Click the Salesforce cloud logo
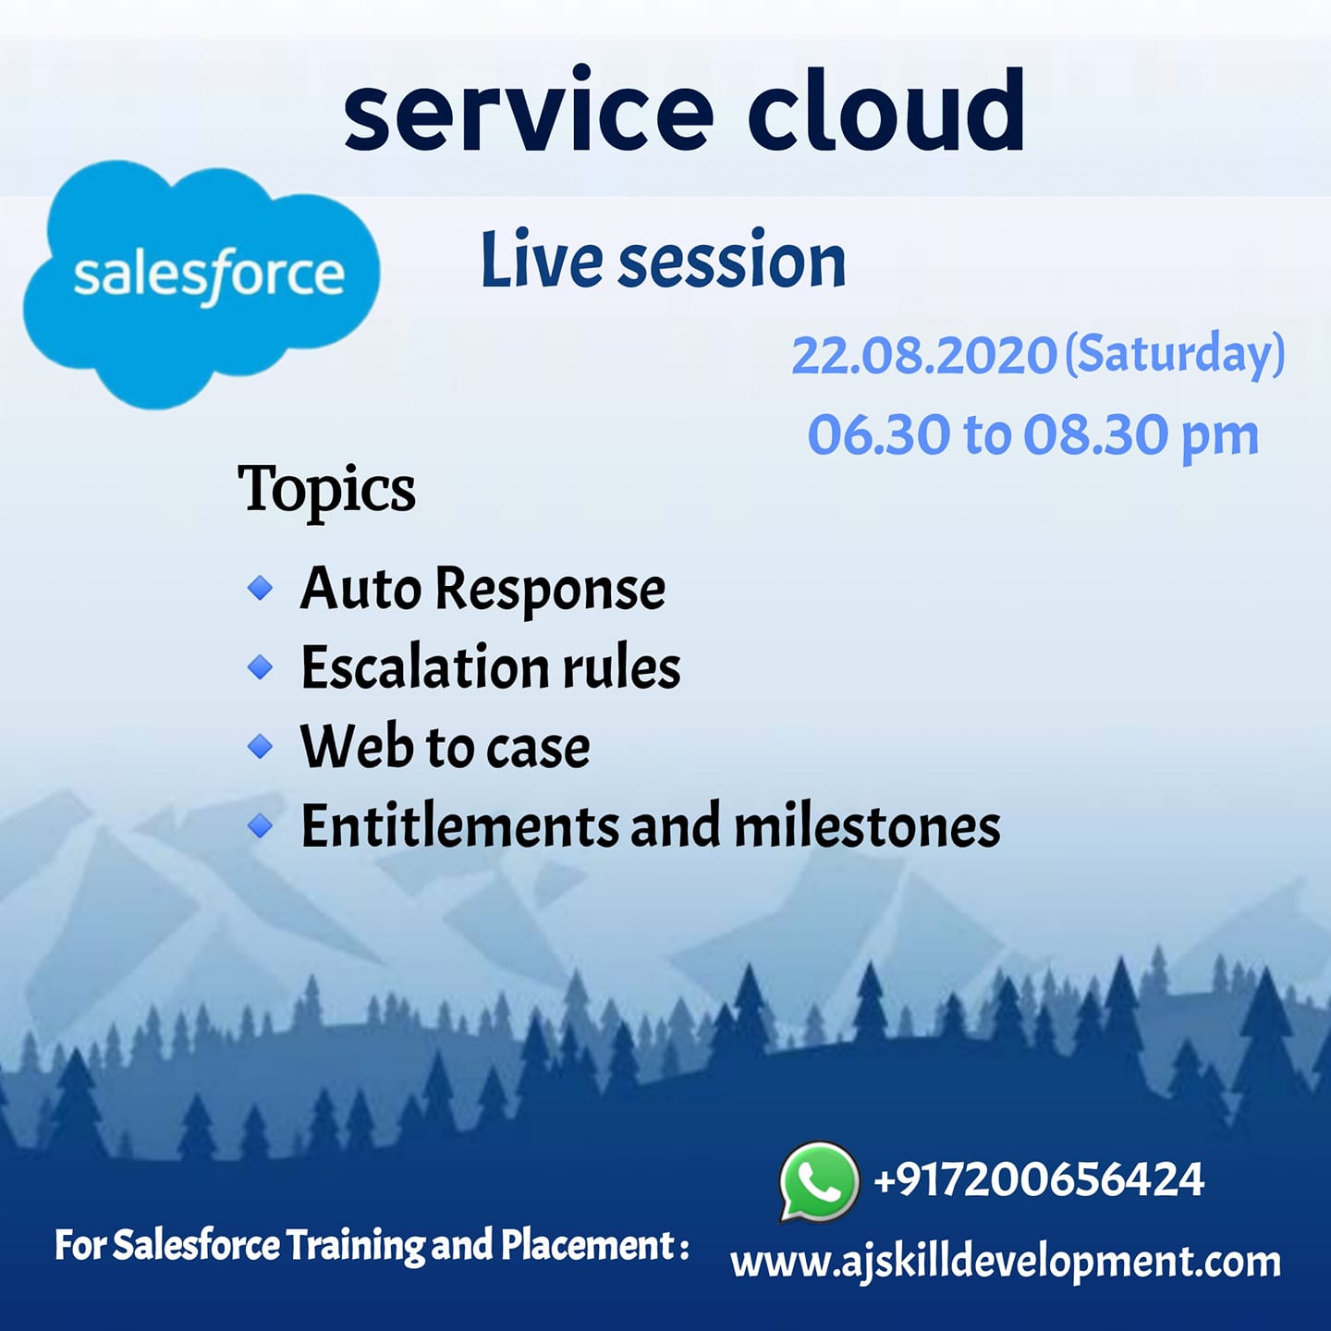[201, 284]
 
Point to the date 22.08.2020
[923, 357]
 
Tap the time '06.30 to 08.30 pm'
[1033, 436]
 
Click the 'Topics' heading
[326, 491]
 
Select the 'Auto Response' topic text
[482, 589]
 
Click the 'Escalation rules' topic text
[491, 667]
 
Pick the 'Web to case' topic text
[446, 747]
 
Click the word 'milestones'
[867, 825]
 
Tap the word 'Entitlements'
[460, 825]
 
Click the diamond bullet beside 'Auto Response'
[260, 589]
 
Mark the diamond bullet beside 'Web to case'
[260, 746]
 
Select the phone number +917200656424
[1039, 1179]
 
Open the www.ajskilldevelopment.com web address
[1006, 1262]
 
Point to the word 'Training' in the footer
[355, 1247]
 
